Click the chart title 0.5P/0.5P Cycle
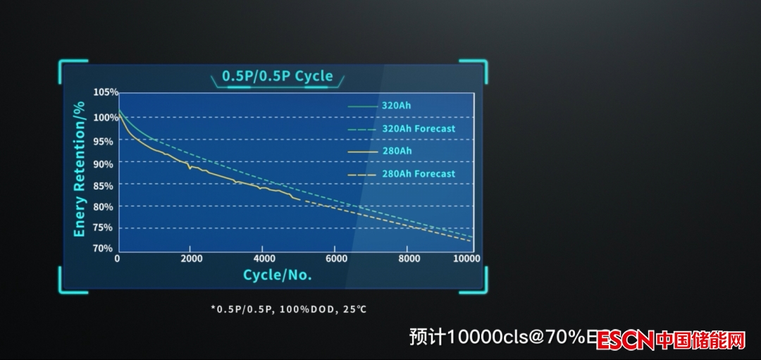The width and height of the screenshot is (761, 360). click(277, 76)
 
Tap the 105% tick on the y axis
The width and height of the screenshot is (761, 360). click(106, 92)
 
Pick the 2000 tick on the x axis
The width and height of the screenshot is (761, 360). click(191, 259)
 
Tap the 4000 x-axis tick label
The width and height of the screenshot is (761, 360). click(264, 259)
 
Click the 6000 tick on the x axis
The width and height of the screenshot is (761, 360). click(336, 259)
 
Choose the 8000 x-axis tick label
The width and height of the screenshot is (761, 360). click(409, 259)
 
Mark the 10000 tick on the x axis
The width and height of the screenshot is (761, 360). click(467, 259)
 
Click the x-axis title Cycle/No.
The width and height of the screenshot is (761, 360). click(278, 275)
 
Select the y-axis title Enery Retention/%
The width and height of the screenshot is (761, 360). click(80, 169)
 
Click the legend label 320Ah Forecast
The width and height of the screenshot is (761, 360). click(419, 129)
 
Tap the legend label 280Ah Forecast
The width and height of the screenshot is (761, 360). click(419, 174)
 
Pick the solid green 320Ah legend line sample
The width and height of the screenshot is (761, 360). click(362, 106)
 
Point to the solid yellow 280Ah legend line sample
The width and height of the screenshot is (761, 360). click(362, 151)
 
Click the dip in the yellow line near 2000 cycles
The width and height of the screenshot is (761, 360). click(190, 168)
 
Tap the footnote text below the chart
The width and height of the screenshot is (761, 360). click(289, 309)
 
